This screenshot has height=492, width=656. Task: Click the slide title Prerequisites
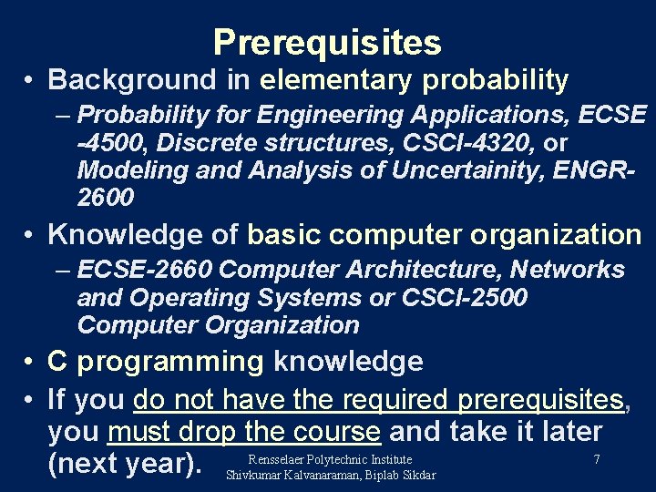(327, 43)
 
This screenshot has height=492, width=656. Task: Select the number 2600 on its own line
(106, 197)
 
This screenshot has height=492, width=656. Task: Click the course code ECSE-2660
(146, 270)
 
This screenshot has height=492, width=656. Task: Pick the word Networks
(568, 270)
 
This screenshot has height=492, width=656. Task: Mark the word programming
(170, 362)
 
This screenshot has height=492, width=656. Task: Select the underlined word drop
(215, 431)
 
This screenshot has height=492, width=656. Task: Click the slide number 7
(596, 459)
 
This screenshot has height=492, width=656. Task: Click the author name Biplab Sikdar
(400, 475)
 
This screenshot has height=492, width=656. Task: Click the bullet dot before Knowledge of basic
(31, 235)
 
